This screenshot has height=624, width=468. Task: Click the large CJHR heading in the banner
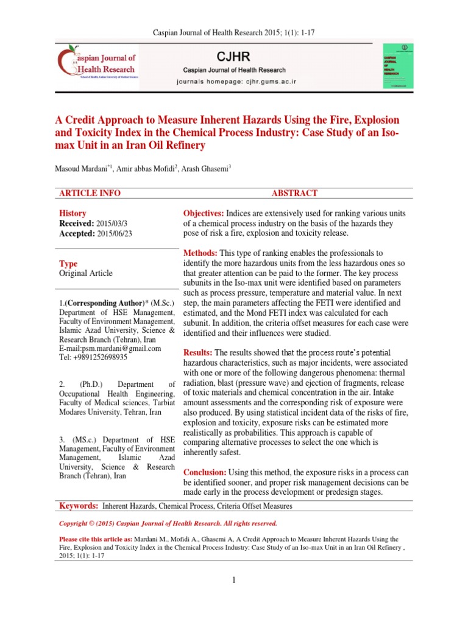[232, 57]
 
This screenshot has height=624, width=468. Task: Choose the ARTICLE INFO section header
[90, 193]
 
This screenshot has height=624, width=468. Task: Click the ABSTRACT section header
[294, 193]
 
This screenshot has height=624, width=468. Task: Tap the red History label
[73, 214]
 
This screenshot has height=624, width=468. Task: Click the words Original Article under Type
[86, 274]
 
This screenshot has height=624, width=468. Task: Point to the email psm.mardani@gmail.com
[117, 349]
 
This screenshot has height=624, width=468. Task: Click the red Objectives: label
[204, 213]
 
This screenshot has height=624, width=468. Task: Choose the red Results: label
[198, 353]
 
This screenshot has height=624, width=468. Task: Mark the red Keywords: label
[79, 506]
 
